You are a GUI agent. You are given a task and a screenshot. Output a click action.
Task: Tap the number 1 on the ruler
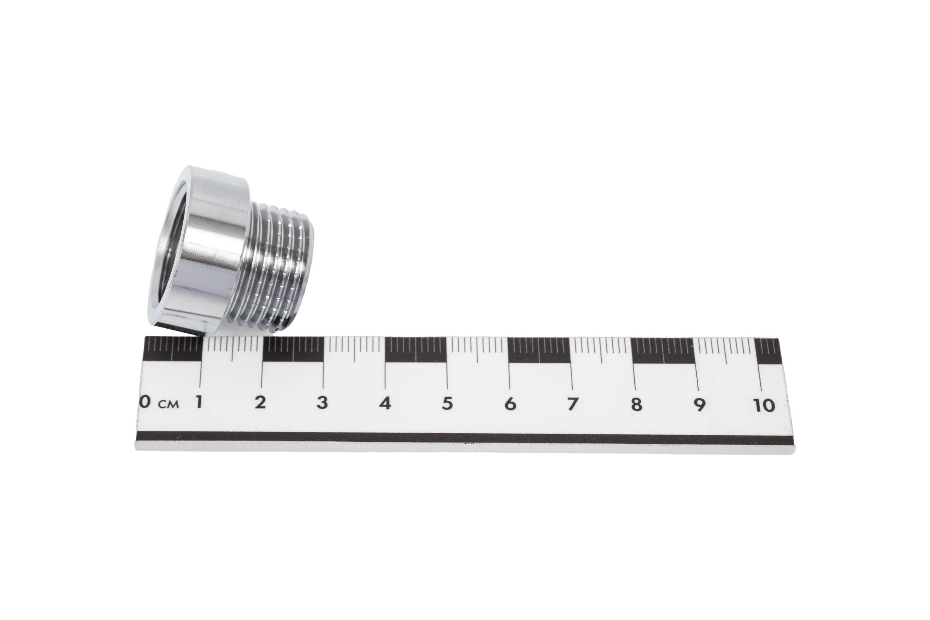(199, 402)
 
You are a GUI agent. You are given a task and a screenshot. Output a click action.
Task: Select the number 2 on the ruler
(260, 403)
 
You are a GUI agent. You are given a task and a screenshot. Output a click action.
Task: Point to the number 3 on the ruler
(322, 403)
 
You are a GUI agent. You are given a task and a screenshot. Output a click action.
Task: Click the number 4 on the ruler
(385, 403)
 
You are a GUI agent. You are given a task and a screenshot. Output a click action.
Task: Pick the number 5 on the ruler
(447, 403)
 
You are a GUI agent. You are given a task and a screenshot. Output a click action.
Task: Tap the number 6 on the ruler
(510, 404)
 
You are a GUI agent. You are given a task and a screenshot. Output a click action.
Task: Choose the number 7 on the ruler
(573, 404)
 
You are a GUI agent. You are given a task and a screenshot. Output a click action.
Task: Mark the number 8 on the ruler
(636, 405)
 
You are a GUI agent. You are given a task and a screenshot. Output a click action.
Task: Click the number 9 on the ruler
(699, 405)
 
